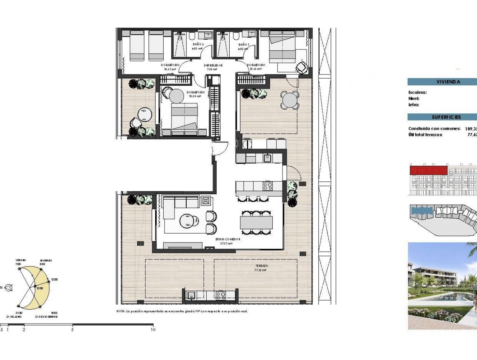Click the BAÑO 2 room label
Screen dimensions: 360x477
[198, 44]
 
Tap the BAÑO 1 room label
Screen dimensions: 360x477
[244, 44]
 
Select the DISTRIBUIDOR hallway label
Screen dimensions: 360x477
[213, 66]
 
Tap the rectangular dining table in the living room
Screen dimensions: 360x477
[256, 222]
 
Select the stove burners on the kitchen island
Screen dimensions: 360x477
[267, 186]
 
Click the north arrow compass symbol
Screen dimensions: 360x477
[9, 287]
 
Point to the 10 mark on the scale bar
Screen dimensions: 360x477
[152, 329]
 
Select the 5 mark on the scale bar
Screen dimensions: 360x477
[72, 329]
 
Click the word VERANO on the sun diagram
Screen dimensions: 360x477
[21, 260]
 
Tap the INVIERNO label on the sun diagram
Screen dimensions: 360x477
[46, 260]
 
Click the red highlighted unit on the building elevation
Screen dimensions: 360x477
[428, 170]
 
